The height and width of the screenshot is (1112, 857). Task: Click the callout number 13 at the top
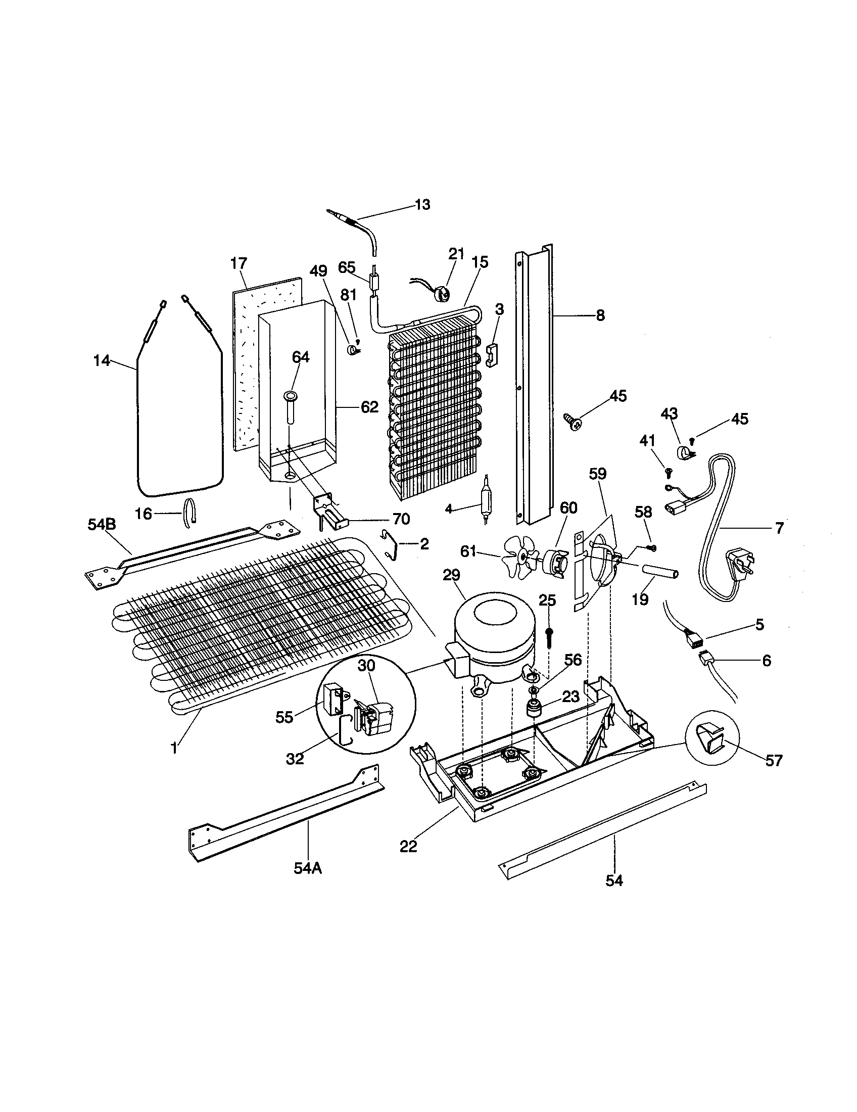(422, 205)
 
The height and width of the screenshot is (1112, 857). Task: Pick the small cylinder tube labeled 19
(659, 574)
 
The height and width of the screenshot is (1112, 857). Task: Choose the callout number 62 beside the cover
(370, 407)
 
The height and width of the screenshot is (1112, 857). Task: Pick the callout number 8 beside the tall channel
(600, 316)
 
